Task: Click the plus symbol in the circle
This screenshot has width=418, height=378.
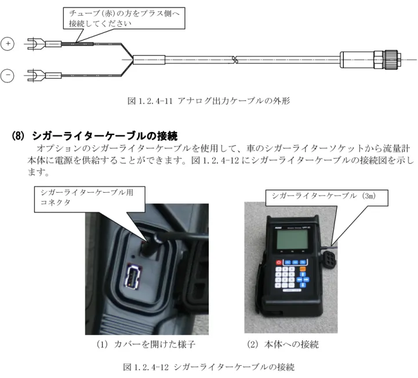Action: pyautogui.click(x=8, y=43)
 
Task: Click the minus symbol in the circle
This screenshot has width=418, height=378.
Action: pyautogui.click(x=8, y=75)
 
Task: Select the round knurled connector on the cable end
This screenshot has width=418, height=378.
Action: pyautogui.click(x=391, y=60)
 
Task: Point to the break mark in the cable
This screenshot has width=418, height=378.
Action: pyautogui.click(x=235, y=60)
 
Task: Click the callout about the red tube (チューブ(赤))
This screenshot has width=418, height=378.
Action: pyautogui.click(x=124, y=18)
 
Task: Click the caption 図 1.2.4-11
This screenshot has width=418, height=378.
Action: pyautogui.click(x=209, y=101)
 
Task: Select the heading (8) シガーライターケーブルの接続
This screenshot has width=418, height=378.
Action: pyautogui.click(x=94, y=136)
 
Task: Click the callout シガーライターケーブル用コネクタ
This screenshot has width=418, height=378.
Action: pyautogui.click(x=89, y=199)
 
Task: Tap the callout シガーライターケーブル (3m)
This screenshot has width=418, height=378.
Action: pyautogui.click(x=327, y=197)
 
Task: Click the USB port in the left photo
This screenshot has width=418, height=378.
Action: pyautogui.click(x=132, y=277)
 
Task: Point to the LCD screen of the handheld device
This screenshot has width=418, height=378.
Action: pyautogui.click(x=292, y=239)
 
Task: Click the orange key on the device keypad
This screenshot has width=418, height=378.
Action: pyautogui.click(x=303, y=269)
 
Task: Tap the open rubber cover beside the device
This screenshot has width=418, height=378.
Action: pyautogui.click(x=329, y=258)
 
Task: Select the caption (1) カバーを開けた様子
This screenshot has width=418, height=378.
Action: pyautogui.click(x=146, y=344)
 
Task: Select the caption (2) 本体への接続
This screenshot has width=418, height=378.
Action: pyautogui.click(x=283, y=344)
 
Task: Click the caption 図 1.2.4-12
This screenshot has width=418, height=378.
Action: pyautogui.click(x=209, y=367)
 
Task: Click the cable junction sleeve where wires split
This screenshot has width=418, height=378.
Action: pyautogui.click(x=149, y=60)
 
